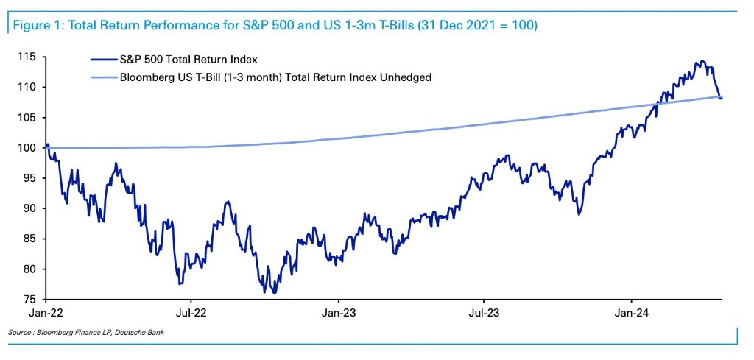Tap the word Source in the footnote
pyautogui.click(x=20, y=333)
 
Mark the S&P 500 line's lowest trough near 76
pyautogui.click(x=274, y=292)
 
